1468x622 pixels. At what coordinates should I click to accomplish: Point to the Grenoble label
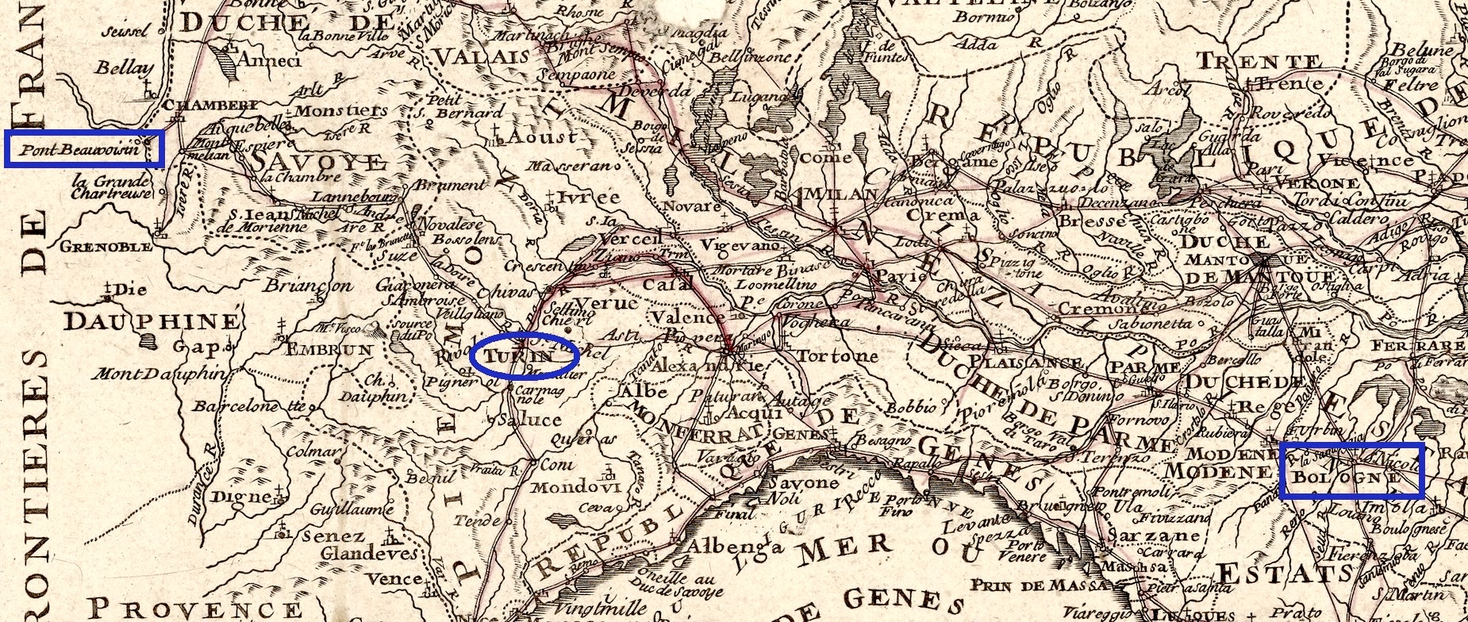[x=106, y=247]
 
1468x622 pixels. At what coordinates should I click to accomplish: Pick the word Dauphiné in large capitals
[x=152, y=321]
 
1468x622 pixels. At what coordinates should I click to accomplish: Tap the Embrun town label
[x=329, y=350]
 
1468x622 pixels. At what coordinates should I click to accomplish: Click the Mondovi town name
[x=575, y=487]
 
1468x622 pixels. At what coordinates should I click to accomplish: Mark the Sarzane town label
[x=1151, y=536]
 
